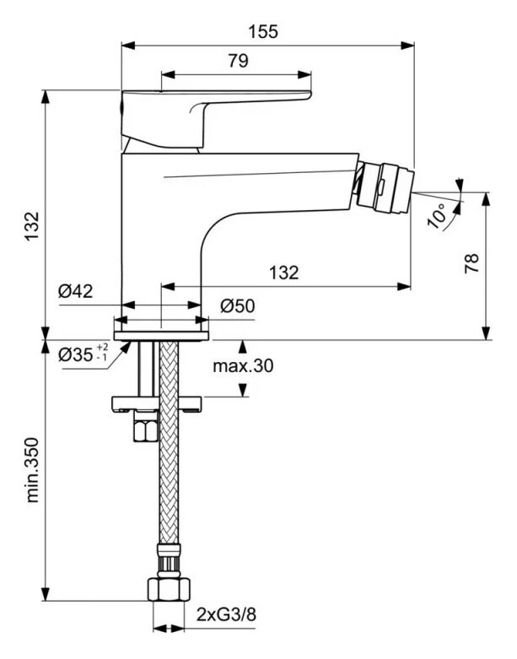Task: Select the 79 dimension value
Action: [x=238, y=61]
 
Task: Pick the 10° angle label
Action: [x=439, y=213]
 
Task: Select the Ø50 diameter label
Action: [x=238, y=305]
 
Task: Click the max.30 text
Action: [x=243, y=365]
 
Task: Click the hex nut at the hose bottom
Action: [x=166, y=587]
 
